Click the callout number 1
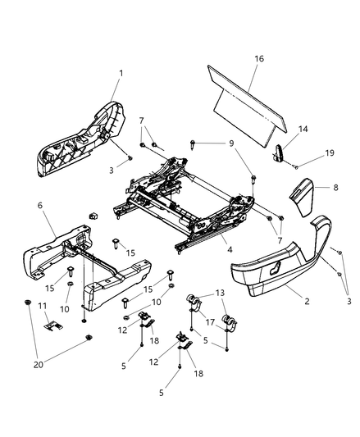click(121, 74)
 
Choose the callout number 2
click(307, 301)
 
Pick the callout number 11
click(43, 306)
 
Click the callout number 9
click(232, 143)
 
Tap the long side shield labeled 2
click(279, 262)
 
